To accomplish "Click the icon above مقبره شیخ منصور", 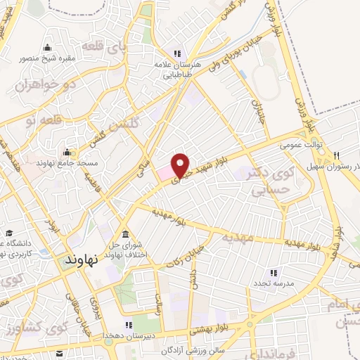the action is tap(47, 47).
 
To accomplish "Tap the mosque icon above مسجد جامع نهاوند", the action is tap(67, 152).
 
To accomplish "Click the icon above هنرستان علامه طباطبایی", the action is tap(179, 53).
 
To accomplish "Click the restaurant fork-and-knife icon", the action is tap(337, 155).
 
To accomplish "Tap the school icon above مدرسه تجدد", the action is tap(274, 272).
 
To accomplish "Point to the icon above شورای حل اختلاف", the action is tap(125, 234).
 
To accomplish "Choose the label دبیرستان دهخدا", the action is tap(127, 336).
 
